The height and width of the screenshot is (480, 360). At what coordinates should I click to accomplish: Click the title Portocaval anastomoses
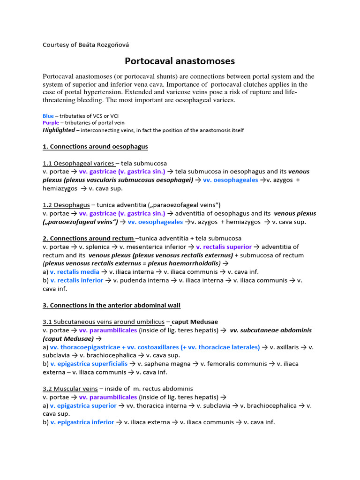click(x=180, y=61)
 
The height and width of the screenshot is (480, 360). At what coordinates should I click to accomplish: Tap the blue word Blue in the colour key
click(x=48, y=116)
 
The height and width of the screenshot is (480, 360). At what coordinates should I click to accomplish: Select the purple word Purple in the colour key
click(x=51, y=123)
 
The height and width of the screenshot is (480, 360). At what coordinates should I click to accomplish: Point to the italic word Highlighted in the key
click(x=59, y=130)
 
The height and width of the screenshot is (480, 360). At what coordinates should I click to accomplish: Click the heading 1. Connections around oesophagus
click(x=95, y=147)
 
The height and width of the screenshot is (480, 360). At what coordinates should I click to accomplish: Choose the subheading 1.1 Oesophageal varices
click(x=78, y=163)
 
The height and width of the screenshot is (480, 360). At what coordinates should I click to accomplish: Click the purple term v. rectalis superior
click(x=224, y=247)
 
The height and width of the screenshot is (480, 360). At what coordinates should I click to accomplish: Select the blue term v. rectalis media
click(x=75, y=272)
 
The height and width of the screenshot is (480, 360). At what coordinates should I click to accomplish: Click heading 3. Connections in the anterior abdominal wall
click(x=112, y=305)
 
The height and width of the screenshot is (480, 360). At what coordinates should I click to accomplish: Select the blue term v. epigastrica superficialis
click(x=89, y=364)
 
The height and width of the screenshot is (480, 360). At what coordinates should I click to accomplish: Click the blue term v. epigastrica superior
click(x=83, y=405)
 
